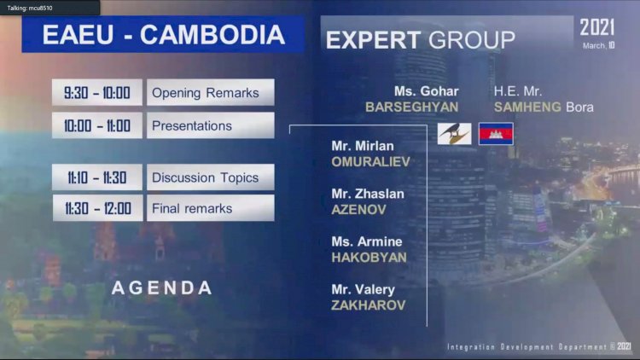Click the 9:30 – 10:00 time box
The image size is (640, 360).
click(x=97, y=92)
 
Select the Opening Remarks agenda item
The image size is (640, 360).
click(x=211, y=92)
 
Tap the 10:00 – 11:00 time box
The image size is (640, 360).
click(x=97, y=125)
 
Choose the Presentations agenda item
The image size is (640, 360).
click(x=211, y=125)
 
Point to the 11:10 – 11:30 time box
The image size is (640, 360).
click(x=97, y=177)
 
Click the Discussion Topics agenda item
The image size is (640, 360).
click(x=211, y=177)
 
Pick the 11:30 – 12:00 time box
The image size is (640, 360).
click(x=97, y=208)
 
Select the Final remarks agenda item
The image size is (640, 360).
click(x=211, y=208)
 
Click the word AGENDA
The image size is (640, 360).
click(x=162, y=287)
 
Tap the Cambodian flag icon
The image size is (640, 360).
click(x=496, y=134)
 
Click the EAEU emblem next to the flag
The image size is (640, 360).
click(x=454, y=134)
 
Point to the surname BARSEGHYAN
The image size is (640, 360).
click(x=411, y=107)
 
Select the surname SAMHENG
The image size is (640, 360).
click(x=527, y=107)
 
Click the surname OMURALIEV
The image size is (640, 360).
click(x=370, y=162)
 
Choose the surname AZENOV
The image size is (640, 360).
click(x=358, y=210)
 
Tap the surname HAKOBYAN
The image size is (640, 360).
click(x=369, y=258)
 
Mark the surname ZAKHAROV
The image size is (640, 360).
click(x=368, y=305)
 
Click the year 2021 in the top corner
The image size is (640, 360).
click(x=597, y=28)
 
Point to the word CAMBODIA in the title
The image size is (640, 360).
click(x=212, y=35)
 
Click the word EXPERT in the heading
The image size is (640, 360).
click(x=373, y=40)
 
